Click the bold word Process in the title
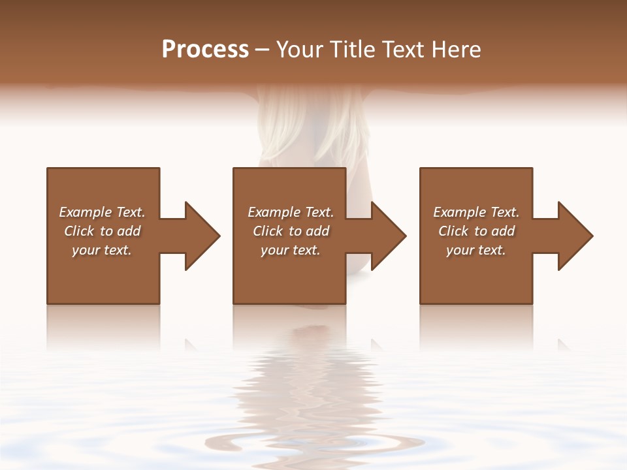pos(205,50)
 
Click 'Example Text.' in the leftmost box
pos(102,212)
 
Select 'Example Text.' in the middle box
pos(291,212)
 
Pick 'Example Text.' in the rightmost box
pos(476,212)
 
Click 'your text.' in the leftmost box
pos(102,250)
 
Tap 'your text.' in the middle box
pos(291,250)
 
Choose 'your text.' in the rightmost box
pos(476,250)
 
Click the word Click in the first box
pos(79,231)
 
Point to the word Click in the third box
pos(453,231)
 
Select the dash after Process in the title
pos(263,50)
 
